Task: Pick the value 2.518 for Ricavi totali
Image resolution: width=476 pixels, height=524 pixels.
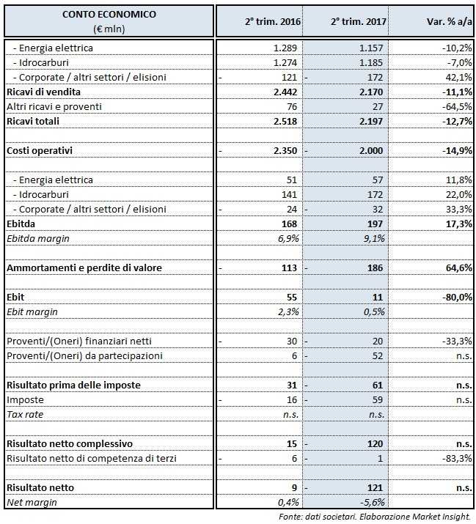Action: pyautogui.click(x=282, y=121)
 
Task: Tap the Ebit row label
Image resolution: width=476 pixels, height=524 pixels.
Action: pyautogui.click(x=16, y=297)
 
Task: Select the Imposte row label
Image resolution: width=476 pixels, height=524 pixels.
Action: pyautogui.click(x=26, y=400)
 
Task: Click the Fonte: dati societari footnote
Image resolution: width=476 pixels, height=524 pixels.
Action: pyautogui.click(x=374, y=517)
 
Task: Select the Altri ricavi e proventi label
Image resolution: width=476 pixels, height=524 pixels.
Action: pyautogui.click(x=54, y=106)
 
